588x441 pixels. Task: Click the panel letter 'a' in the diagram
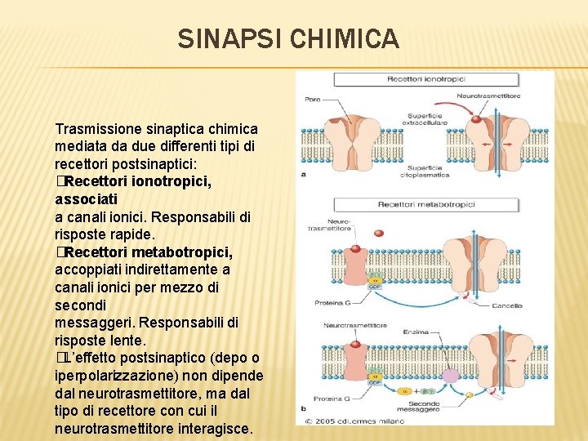[x=304, y=172]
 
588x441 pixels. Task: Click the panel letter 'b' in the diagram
[x=304, y=408]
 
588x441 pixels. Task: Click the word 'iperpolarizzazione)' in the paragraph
[x=106, y=376]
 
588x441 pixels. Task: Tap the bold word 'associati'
[x=86, y=198]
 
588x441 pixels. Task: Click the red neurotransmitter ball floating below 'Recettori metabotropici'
[x=356, y=248]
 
